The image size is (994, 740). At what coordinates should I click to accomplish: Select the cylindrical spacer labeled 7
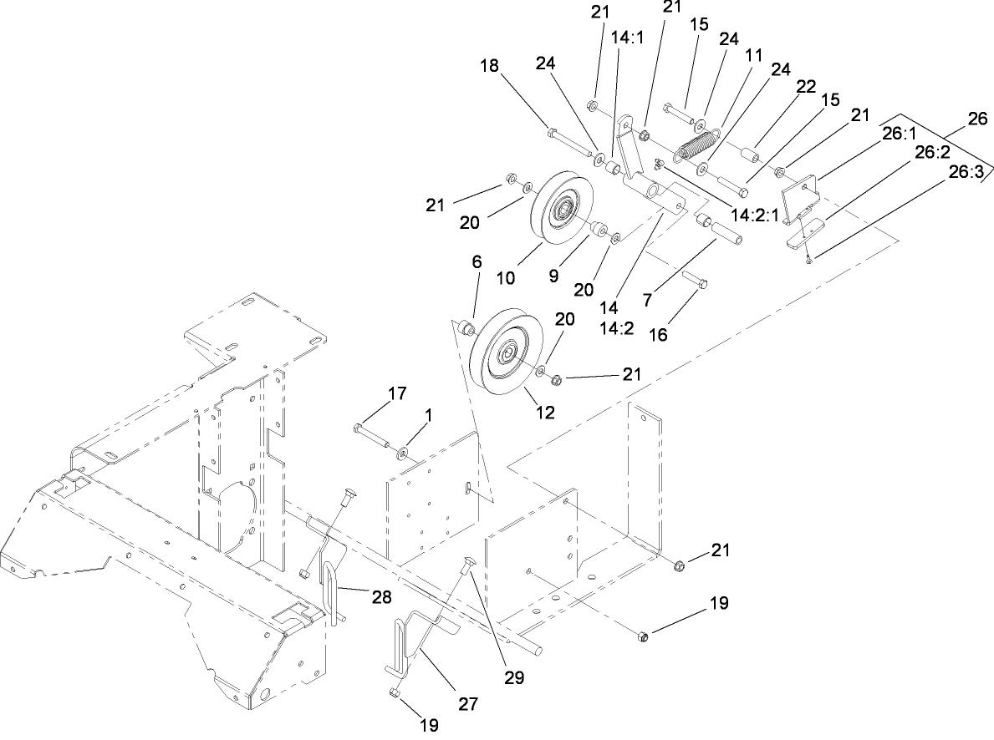coord(721,233)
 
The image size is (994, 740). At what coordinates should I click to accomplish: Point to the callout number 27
coord(466,704)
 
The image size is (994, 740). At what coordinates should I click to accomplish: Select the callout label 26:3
coord(966,172)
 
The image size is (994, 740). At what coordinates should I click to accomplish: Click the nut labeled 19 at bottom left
coord(394,692)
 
